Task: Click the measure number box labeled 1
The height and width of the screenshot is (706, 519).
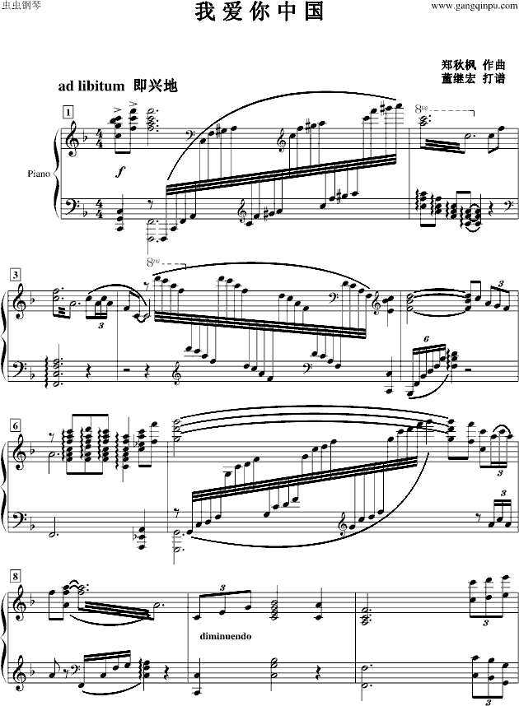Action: [68, 112]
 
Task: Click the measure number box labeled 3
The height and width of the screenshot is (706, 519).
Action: [16, 274]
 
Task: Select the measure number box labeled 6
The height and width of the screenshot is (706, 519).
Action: [16, 425]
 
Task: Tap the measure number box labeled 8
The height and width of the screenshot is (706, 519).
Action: [16, 576]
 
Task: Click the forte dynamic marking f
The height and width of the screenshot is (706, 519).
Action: [120, 171]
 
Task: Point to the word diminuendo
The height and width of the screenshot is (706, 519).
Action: [226, 636]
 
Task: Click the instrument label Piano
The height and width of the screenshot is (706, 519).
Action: [39, 174]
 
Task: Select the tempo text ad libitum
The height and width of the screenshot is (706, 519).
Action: [91, 86]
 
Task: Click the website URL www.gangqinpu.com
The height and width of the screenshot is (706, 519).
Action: [475, 7]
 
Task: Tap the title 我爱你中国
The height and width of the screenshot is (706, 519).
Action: [259, 12]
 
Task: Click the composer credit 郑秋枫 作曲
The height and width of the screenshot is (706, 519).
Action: [474, 64]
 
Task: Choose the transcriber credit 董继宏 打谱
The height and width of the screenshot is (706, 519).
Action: [474, 78]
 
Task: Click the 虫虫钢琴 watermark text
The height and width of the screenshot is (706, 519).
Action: [21, 7]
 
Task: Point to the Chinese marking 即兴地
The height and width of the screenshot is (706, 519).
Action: [156, 86]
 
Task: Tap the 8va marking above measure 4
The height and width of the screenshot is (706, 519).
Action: [153, 262]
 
